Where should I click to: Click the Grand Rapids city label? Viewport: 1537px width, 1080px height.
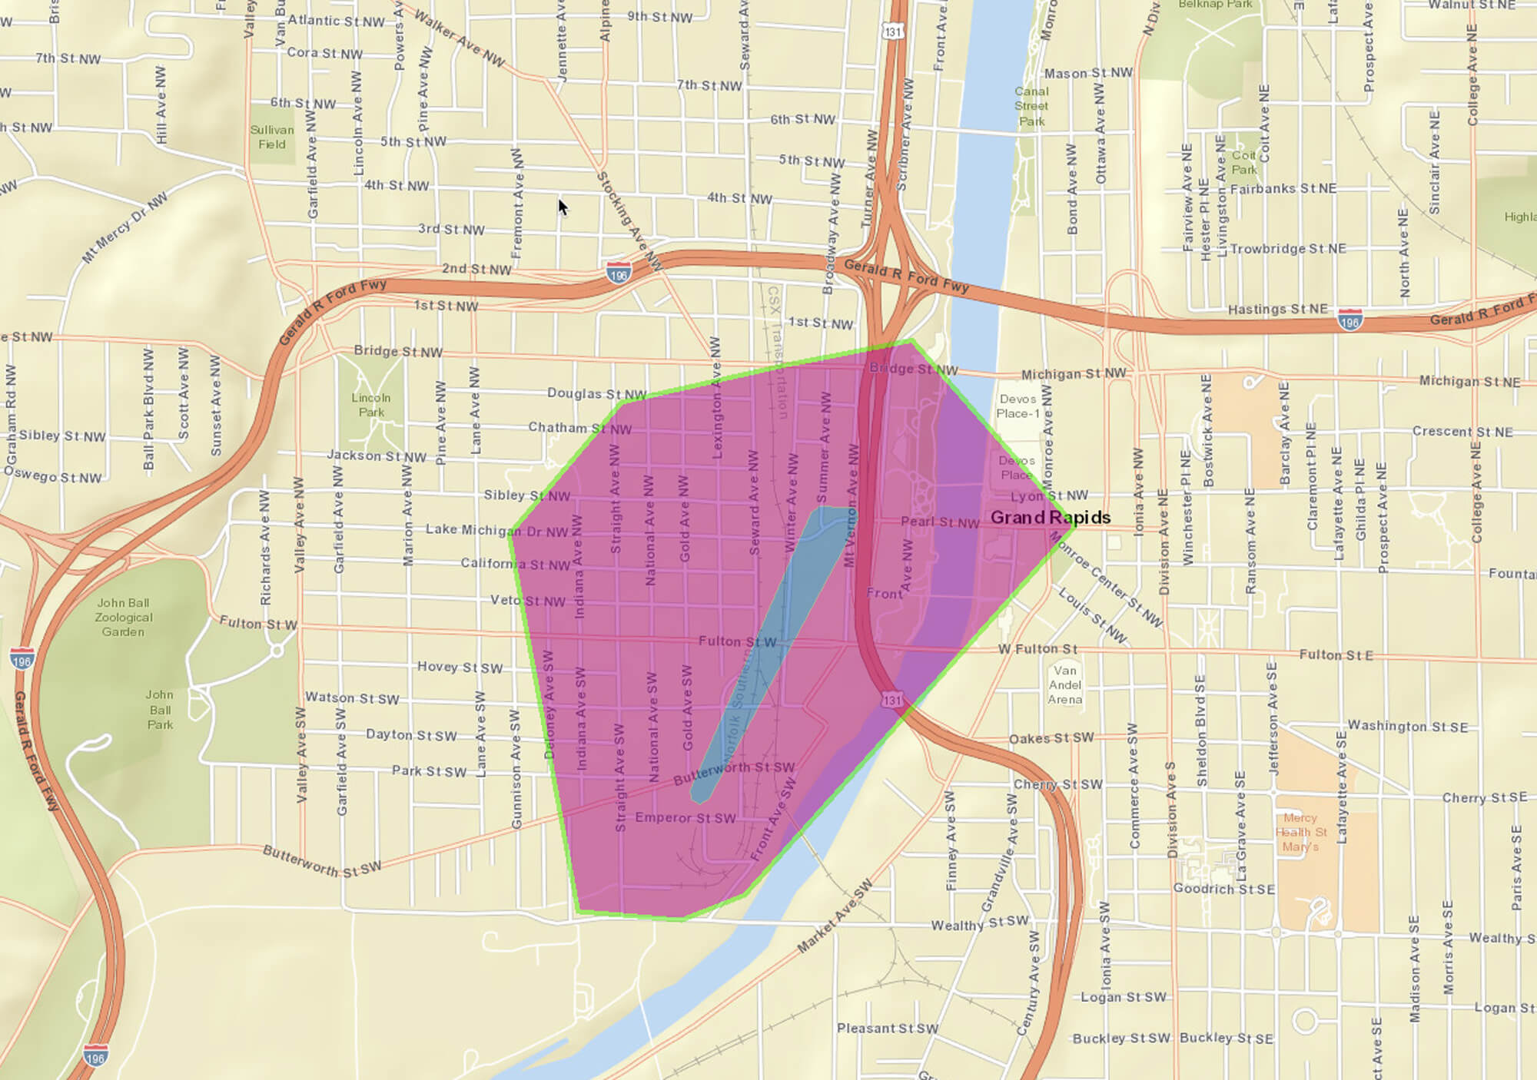click(x=1050, y=518)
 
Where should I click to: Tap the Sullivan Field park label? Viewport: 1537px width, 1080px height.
click(x=272, y=137)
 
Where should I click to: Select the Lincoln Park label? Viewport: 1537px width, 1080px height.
click(x=371, y=405)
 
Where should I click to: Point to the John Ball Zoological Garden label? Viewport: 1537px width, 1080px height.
click(x=123, y=618)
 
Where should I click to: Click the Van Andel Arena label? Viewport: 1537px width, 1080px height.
click(x=1065, y=684)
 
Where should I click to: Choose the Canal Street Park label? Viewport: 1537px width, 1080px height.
click(x=1031, y=106)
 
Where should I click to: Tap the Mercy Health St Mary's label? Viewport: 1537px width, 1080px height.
click(x=1300, y=832)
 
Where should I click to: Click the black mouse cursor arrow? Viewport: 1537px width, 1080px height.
click(x=562, y=207)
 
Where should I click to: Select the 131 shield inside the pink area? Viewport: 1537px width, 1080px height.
click(x=892, y=700)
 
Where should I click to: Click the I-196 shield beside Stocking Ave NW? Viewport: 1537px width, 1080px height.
click(x=619, y=272)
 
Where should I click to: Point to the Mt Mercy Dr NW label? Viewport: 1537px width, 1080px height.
click(x=124, y=228)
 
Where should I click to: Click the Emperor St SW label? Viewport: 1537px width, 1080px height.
click(x=685, y=818)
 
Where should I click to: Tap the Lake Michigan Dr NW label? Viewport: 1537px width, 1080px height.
click(x=496, y=530)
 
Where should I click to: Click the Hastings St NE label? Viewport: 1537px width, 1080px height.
click(x=1277, y=310)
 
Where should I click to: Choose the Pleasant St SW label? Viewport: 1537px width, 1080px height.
click(x=888, y=1028)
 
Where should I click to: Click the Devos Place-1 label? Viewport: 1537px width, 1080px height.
click(x=1018, y=406)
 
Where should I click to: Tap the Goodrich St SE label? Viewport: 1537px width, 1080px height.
click(x=1223, y=889)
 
